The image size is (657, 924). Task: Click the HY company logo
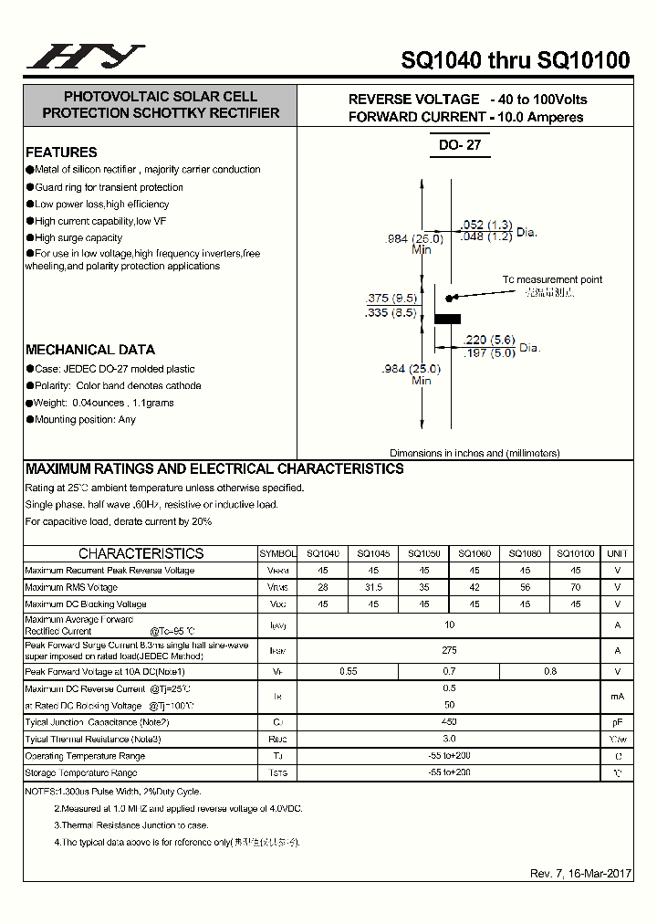click(86, 57)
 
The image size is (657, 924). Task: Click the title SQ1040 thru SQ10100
click(516, 60)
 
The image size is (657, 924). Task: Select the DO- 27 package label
click(459, 145)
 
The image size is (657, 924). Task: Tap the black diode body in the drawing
click(446, 319)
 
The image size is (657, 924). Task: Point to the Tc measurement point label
click(552, 279)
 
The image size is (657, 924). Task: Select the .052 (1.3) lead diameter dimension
click(485, 225)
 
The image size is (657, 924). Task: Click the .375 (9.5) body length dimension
click(391, 298)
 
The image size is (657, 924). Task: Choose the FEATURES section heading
click(61, 152)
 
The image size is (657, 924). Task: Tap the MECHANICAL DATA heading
click(90, 350)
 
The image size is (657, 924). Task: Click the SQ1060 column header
click(474, 553)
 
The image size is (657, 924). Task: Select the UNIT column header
click(618, 553)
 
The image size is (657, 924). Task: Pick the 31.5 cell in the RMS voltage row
click(373, 587)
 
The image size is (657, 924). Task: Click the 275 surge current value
click(448, 650)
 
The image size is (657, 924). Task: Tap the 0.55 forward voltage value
click(348, 671)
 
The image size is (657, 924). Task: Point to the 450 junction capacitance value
click(448, 722)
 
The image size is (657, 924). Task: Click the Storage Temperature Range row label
click(81, 773)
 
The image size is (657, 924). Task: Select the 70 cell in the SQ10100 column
click(575, 587)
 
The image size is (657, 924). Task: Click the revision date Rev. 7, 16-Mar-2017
click(580, 874)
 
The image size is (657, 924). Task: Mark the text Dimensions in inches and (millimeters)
click(474, 453)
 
